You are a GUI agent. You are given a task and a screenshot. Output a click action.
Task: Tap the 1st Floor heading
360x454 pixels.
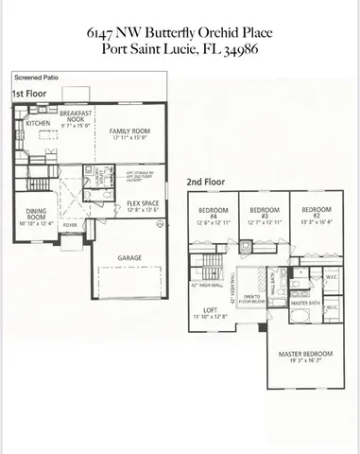click(30, 95)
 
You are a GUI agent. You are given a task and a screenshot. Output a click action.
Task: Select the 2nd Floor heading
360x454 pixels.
click(207, 181)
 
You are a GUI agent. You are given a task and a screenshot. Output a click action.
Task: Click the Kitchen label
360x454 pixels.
click(38, 123)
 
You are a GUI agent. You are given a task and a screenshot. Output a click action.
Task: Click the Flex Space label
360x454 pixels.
click(142, 203)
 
